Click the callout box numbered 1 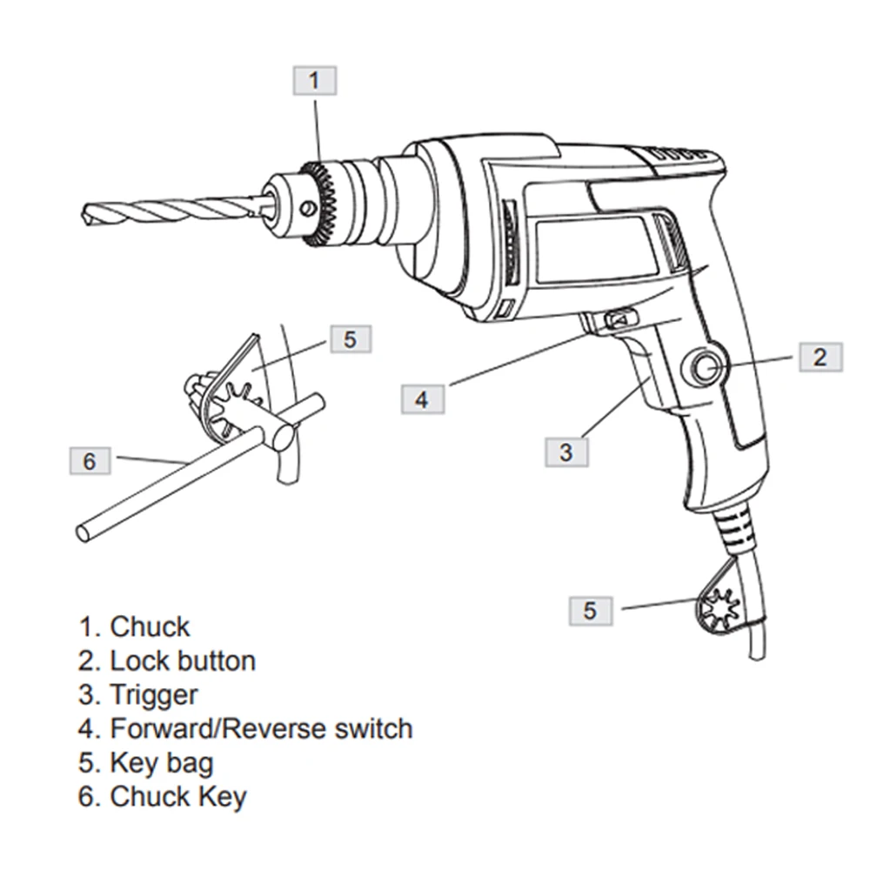[314, 81]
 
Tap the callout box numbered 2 [820, 356]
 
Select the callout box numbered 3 [566, 452]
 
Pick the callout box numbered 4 [422, 398]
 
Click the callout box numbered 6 [90, 460]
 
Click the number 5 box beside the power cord [591, 611]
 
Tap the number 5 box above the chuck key [350, 338]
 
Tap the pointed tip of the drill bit [88, 212]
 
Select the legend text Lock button [183, 660]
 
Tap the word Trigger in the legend [153, 694]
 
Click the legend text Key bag [161, 763]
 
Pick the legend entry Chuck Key [177, 796]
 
